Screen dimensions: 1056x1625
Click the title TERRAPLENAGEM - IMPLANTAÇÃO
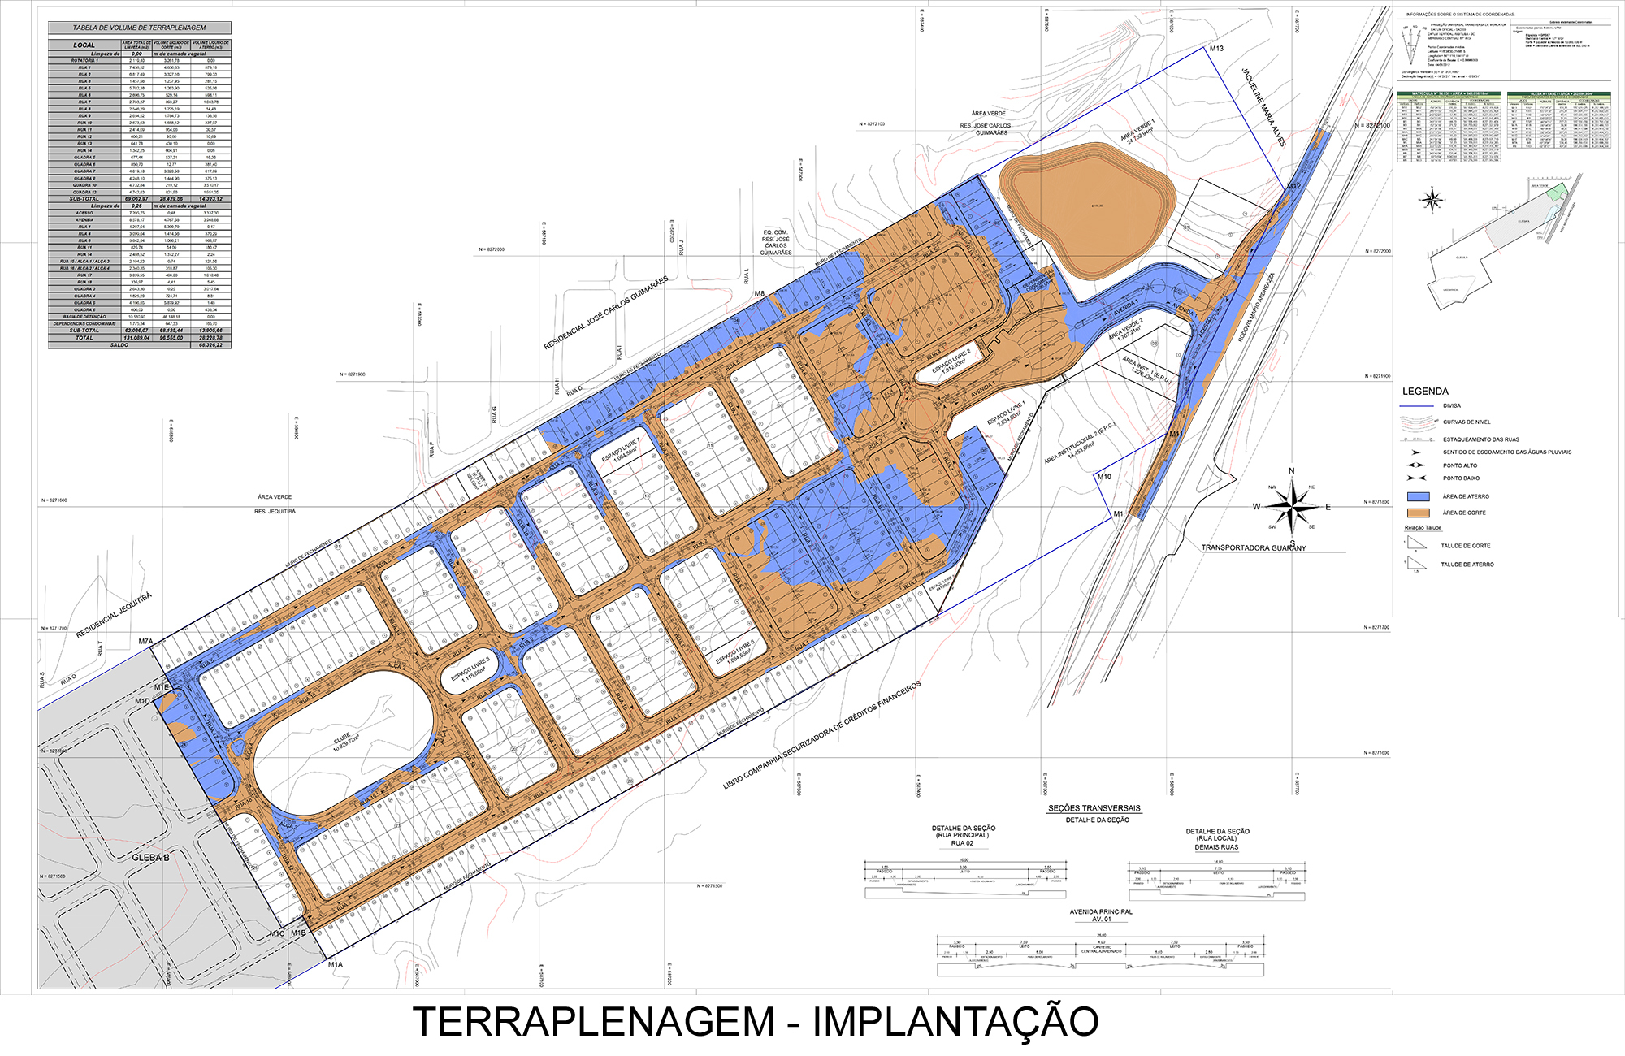[x=756, y=1021]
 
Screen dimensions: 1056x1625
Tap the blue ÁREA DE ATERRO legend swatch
[x=1418, y=496]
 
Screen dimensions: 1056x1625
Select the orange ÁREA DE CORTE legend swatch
[x=1418, y=513]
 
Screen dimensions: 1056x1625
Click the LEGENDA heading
[x=1425, y=392]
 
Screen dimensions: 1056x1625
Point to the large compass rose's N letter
[x=1292, y=471]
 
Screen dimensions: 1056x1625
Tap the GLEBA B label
[x=151, y=858]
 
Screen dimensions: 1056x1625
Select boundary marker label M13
[x=1216, y=49]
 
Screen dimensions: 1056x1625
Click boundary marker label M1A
[x=336, y=965]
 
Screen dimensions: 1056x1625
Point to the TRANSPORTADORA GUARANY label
[x=1254, y=548]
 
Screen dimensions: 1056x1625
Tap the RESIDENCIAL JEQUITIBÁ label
[x=114, y=616]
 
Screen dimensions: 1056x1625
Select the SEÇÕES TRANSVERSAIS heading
[x=1094, y=808]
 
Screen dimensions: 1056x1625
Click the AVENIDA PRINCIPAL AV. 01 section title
[x=1101, y=915]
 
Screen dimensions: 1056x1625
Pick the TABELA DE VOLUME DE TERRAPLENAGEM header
[x=140, y=28]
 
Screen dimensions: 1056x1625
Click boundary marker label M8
[x=760, y=294]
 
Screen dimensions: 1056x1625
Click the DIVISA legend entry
[x=1452, y=405]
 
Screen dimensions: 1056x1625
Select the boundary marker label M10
[x=1104, y=477]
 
